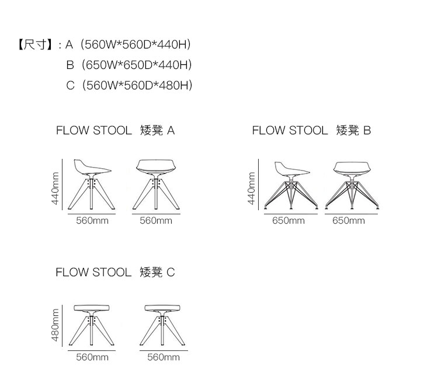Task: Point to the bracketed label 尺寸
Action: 36,44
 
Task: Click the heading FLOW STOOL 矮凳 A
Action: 115,130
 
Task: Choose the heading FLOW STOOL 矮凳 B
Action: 311,130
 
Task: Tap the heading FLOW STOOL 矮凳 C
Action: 115,272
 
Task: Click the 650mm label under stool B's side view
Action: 288,221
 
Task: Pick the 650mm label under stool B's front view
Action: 349,221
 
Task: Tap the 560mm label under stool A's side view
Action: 92,221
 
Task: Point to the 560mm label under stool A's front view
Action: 156,221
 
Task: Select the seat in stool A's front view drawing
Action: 155,167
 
